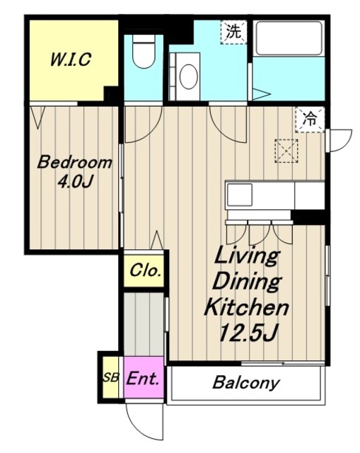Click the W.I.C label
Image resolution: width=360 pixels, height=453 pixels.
tap(71, 59)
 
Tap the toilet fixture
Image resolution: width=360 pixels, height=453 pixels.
tap(144, 52)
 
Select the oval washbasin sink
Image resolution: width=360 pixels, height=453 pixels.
tap(189, 76)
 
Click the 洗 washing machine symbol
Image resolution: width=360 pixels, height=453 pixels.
tap(233, 32)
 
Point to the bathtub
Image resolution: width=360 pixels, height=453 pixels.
tap(289, 38)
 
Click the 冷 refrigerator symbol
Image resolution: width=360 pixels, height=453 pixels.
tap(310, 119)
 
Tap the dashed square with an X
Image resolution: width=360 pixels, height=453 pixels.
tap(286, 151)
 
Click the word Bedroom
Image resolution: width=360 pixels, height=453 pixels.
tap(74, 162)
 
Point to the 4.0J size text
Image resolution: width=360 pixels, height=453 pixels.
tap(75, 182)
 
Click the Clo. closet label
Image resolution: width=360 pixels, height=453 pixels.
tap(145, 270)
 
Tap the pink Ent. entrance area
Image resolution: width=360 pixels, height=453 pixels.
tap(144, 377)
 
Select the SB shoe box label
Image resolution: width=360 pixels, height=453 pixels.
tap(111, 377)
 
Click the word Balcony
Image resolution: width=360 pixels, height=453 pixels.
tap(246, 383)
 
